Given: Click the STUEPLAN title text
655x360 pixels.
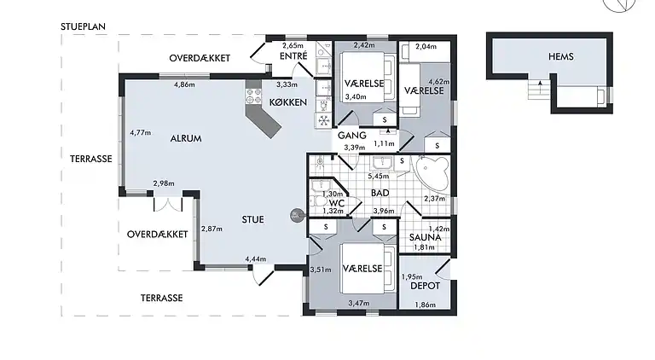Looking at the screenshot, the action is pyautogui.click(x=83, y=26).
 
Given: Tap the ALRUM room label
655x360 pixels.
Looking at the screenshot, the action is pyautogui.click(x=186, y=138).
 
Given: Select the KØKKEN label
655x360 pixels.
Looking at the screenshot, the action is pyautogui.click(x=287, y=102).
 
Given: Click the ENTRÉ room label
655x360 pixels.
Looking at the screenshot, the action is pyautogui.click(x=293, y=56).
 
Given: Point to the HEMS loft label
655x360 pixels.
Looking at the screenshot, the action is pyautogui.click(x=561, y=56).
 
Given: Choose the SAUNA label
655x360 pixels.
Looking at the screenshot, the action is pyautogui.click(x=426, y=238).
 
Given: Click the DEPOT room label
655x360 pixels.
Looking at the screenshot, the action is pyautogui.click(x=426, y=286).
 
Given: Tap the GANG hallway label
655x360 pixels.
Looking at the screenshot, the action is pyautogui.click(x=352, y=136).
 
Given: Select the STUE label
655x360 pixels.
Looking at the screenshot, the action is pyautogui.click(x=252, y=219).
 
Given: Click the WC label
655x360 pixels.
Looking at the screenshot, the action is pyautogui.click(x=337, y=203).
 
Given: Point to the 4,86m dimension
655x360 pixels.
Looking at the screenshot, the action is pyautogui.click(x=184, y=84).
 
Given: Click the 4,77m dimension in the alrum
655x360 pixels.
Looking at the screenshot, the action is pyautogui.click(x=141, y=133).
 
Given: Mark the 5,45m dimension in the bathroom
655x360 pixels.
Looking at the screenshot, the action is pyautogui.click(x=379, y=177).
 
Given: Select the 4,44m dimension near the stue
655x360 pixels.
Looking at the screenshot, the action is pyautogui.click(x=256, y=259).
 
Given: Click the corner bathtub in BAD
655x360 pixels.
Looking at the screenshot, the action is pyautogui.click(x=432, y=172).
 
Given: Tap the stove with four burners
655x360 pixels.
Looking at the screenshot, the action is pyautogui.click(x=253, y=96).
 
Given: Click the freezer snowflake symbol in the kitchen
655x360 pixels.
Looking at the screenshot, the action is pyautogui.click(x=323, y=120).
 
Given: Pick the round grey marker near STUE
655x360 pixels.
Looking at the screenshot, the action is pyautogui.click(x=296, y=216).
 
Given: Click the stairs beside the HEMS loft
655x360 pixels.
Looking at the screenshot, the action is pyautogui.click(x=538, y=90).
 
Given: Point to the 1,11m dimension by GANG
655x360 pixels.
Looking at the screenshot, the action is pyautogui.click(x=384, y=143).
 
